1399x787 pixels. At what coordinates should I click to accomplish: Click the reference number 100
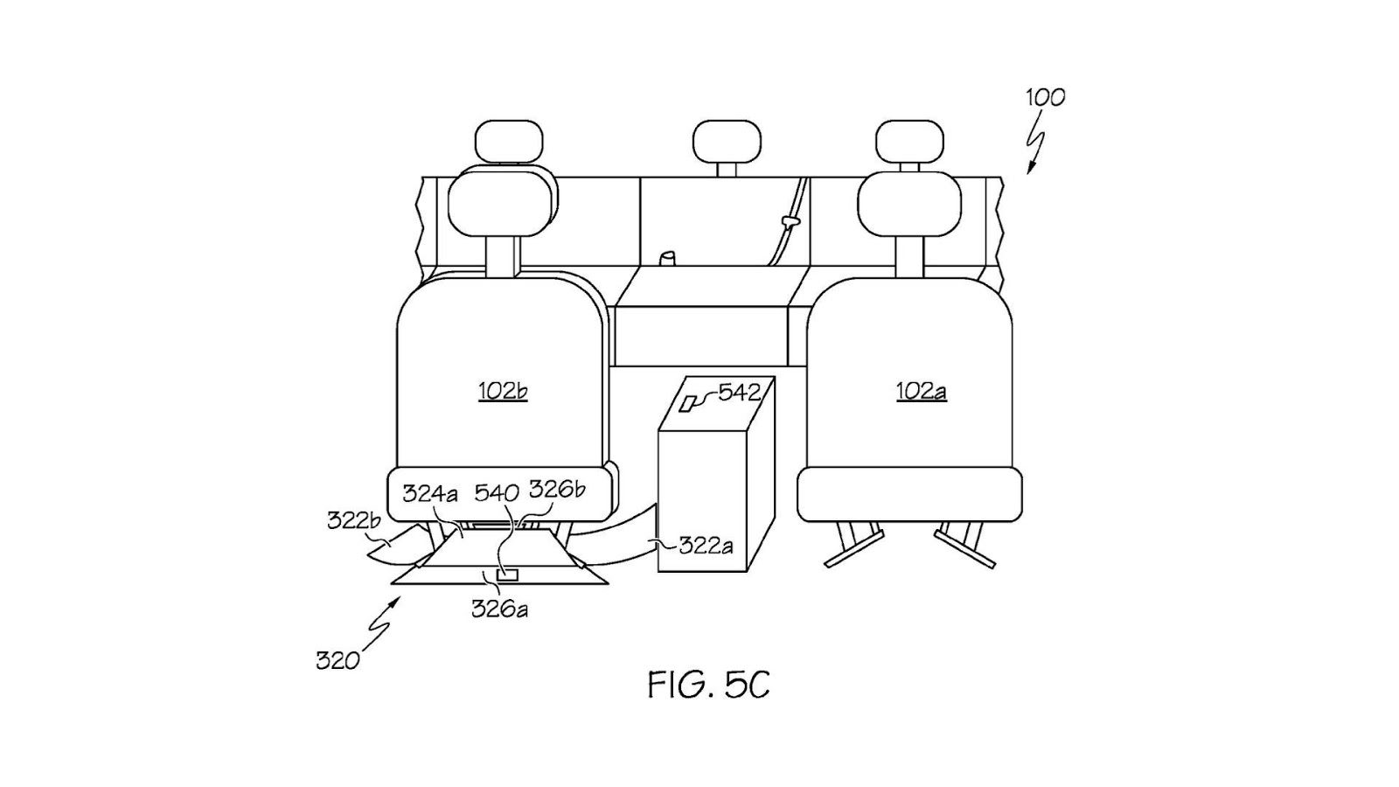(1046, 97)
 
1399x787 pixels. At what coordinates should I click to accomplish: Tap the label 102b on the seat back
(502, 391)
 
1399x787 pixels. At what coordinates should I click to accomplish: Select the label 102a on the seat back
(920, 391)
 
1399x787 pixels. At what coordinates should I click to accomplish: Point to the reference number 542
(739, 391)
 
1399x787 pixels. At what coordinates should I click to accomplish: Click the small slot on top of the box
(692, 402)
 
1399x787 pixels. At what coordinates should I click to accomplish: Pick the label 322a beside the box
(706, 546)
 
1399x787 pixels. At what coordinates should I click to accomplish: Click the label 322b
(353, 520)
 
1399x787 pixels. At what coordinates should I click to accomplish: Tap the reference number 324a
(430, 493)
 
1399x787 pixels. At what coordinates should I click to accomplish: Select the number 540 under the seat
(497, 492)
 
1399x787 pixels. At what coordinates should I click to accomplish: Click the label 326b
(557, 490)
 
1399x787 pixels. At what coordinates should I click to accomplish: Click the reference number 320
(338, 660)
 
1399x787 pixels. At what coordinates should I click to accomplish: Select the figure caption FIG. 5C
(708, 685)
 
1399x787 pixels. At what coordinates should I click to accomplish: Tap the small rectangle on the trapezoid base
(507, 575)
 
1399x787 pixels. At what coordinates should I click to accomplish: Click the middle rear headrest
(727, 143)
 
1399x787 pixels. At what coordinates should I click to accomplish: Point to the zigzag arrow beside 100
(1038, 149)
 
